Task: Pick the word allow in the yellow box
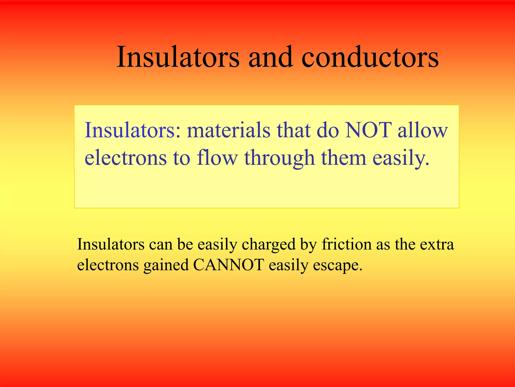pyautogui.click(x=422, y=130)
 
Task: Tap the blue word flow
pyautogui.click(x=217, y=158)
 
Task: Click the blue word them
pyautogui.click(x=344, y=158)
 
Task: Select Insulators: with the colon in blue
pyautogui.click(x=133, y=130)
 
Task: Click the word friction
pyautogui.click(x=347, y=244)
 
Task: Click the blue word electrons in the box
pyautogui.click(x=125, y=158)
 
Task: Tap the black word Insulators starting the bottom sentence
pyautogui.click(x=111, y=244)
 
